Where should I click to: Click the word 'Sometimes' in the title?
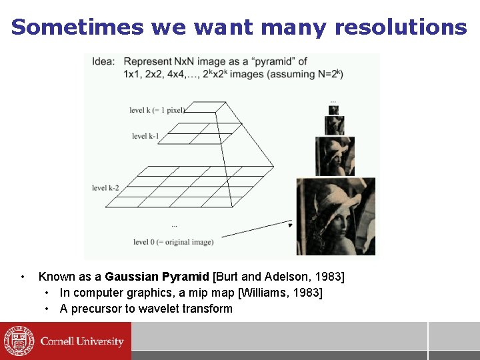coord(77,27)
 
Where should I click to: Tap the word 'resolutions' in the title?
coord(401,27)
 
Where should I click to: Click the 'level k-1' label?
coord(145,136)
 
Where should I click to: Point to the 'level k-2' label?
coord(105,188)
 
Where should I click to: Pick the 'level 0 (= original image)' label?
coord(173,242)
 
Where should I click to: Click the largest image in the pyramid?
coord(335,217)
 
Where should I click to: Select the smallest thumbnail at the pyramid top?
coord(333,110)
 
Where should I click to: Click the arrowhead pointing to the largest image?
coord(289,225)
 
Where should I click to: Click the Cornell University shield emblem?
coord(18,341)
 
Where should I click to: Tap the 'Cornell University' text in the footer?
coord(82,341)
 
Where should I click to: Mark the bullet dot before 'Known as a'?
coord(23,277)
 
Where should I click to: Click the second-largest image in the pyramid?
coord(335,157)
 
